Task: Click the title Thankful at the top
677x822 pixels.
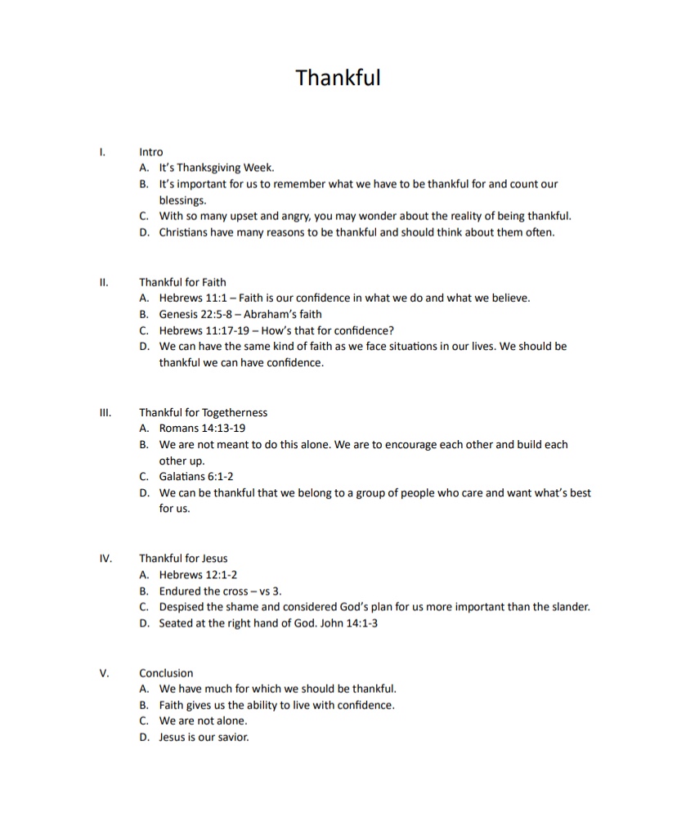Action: pos(338,78)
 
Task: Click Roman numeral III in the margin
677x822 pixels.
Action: pos(104,412)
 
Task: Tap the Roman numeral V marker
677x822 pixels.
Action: pos(104,673)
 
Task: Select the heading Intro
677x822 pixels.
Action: pos(151,152)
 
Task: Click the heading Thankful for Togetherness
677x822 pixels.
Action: pos(203,412)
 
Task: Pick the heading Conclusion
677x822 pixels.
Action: pos(166,673)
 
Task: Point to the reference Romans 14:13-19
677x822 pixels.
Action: pos(202,429)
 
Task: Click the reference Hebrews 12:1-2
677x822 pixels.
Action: pos(198,575)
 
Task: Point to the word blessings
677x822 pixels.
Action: pos(182,200)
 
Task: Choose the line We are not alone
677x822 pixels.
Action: pos(203,721)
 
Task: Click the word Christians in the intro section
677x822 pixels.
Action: pos(185,232)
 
